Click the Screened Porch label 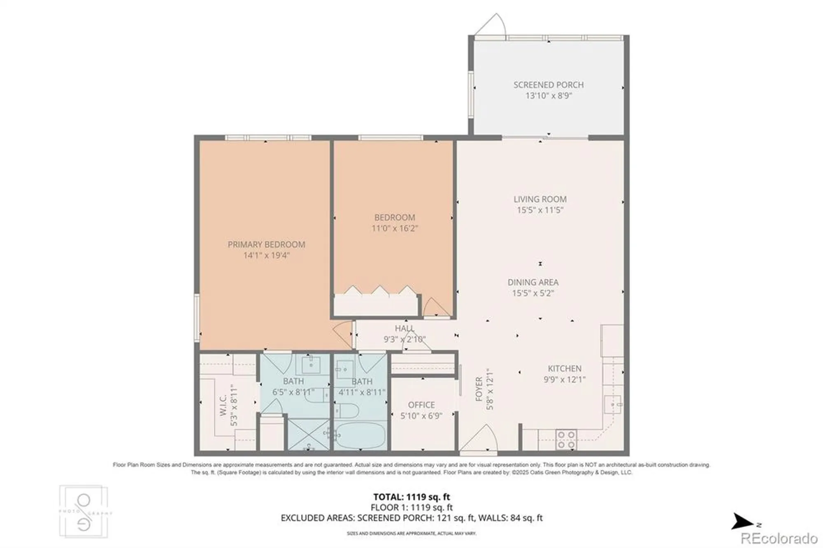tap(548, 85)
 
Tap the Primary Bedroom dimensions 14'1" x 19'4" tap(266, 255)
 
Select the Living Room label tap(540, 199)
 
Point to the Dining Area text tap(533, 282)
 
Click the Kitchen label tap(564, 369)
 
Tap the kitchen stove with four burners tap(566, 440)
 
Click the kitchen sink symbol tap(613, 404)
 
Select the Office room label tap(421, 405)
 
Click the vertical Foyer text tap(479, 389)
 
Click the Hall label tap(404, 328)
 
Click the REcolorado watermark tap(779, 538)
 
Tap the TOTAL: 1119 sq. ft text tap(411, 497)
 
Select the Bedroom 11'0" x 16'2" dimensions tap(394, 228)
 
